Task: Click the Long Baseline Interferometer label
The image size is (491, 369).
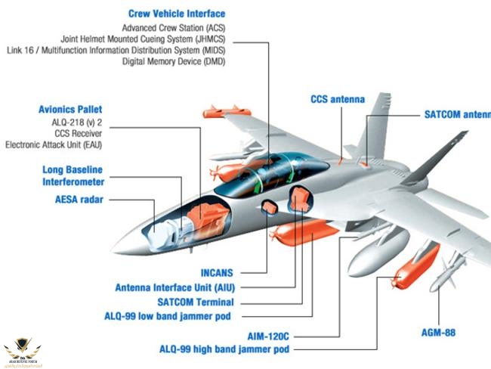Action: click(x=73, y=175)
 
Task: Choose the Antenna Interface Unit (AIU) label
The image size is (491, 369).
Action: click(x=174, y=287)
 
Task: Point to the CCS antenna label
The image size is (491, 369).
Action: click(x=338, y=99)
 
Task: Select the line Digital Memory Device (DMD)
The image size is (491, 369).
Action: click(x=174, y=61)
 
